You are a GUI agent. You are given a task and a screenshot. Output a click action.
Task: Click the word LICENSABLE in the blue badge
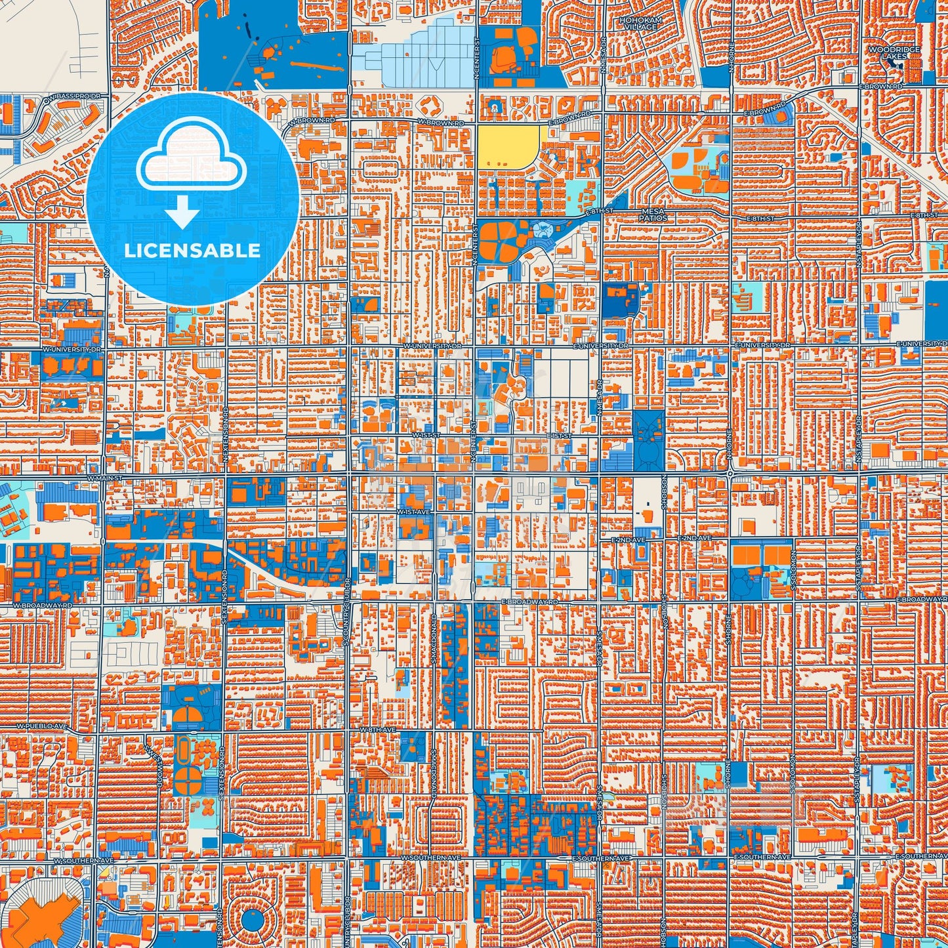point(192,251)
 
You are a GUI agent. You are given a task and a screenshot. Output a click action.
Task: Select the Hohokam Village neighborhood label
point(640,24)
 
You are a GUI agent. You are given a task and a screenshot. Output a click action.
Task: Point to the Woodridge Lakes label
point(902,53)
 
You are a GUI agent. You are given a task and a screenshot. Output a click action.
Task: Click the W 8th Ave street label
point(377,730)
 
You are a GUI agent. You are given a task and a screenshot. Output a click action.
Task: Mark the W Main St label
point(104,478)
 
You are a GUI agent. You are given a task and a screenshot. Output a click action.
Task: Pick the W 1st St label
point(426,436)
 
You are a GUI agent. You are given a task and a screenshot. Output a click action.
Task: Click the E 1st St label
point(558,436)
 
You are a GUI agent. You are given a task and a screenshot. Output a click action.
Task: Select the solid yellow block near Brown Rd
point(508,146)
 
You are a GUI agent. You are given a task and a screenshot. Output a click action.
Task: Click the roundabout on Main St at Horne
point(730,472)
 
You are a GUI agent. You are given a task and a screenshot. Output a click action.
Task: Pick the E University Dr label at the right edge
point(922,344)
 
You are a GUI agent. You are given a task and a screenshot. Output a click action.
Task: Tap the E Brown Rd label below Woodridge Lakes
point(884,87)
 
